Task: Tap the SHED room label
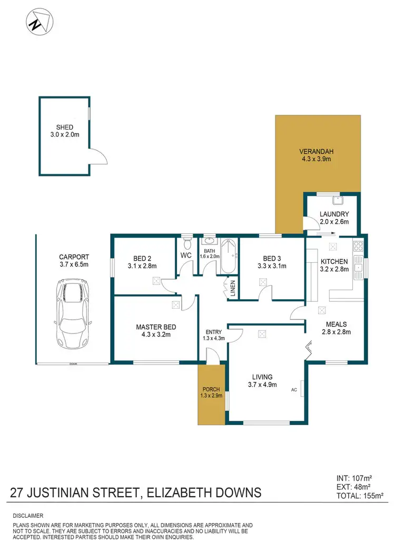65,127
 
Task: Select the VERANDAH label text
317,152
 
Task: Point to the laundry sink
338,200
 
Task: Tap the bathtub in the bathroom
229,256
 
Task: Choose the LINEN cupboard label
232,288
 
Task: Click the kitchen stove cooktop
358,245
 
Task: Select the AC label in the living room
294,390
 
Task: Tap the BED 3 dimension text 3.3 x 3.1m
275,266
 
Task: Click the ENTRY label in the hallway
214,332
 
